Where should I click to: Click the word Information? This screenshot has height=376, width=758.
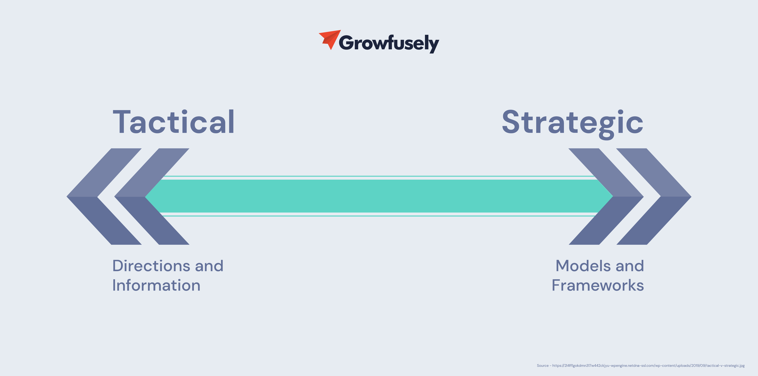156,285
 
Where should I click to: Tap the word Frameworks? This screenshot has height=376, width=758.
598,285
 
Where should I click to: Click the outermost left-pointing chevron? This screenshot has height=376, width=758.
88,197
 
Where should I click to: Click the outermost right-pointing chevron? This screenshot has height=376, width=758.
669,197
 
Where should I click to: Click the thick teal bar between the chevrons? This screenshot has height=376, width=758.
379,196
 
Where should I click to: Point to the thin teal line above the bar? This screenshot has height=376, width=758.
379,176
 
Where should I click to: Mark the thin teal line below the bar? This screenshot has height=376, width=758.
379,216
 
